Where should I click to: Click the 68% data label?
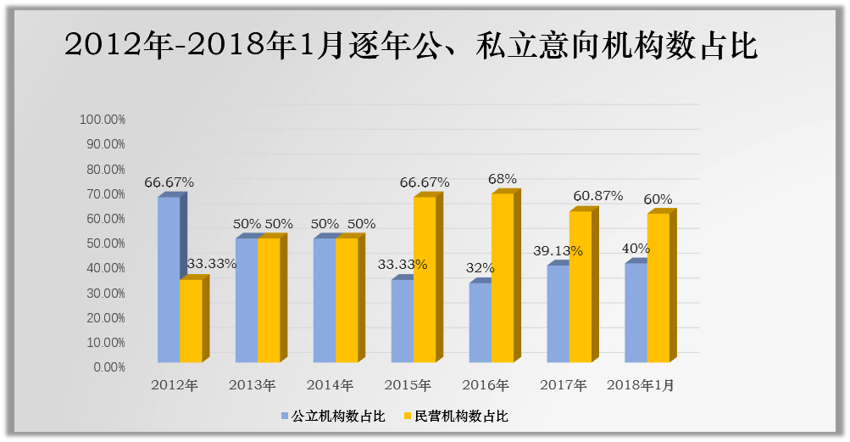[503, 179]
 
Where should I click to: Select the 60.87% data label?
[597, 196]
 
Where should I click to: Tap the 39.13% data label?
[558, 251]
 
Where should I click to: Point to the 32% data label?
[480, 268]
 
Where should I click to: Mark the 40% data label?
[636, 249]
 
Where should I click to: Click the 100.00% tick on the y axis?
[103, 120]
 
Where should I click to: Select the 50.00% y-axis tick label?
[105, 243]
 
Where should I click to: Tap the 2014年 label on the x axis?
[330, 385]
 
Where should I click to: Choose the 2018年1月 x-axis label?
[641, 385]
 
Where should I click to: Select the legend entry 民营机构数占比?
[461, 417]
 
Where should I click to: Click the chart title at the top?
[411, 45]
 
